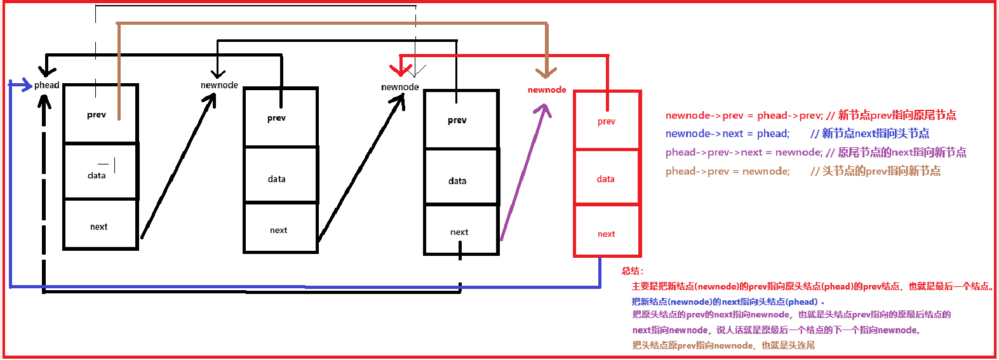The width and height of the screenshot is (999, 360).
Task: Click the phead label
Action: [46, 85]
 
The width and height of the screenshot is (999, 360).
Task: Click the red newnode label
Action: [547, 90]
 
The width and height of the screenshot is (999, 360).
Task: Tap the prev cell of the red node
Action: [607, 121]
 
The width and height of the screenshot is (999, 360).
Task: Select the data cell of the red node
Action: [606, 179]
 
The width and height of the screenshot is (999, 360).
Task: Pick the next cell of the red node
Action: [607, 234]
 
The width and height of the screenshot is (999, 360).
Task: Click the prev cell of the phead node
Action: [97, 115]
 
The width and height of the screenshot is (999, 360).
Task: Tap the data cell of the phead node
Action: [97, 175]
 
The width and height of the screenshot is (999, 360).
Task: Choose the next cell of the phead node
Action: [99, 227]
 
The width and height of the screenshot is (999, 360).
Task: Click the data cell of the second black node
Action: [277, 179]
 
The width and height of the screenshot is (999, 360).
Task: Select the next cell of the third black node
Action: [459, 232]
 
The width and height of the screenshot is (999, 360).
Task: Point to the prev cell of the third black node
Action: [457, 120]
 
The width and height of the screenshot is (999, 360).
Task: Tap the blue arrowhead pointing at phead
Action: [25, 84]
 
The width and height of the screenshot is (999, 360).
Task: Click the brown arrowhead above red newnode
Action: [546, 72]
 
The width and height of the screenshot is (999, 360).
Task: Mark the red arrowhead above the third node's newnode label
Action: [400, 69]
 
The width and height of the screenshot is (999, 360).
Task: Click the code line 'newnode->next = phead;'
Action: [727, 133]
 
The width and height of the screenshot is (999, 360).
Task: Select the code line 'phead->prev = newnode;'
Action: [728, 171]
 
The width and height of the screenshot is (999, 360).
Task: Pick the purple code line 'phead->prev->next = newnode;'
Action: [744, 152]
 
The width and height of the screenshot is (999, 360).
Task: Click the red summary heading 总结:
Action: [633, 271]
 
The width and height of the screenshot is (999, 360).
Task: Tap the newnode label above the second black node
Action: [219, 85]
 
